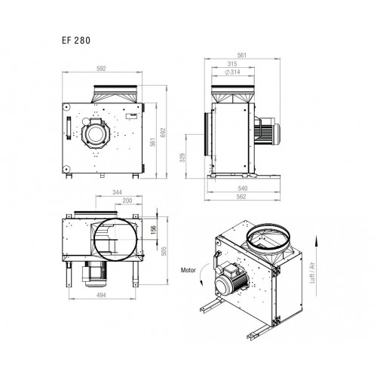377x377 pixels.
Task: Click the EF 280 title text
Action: pos(76,41)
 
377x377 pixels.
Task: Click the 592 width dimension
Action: pos(101,69)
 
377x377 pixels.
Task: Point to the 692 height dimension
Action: pos(164,133)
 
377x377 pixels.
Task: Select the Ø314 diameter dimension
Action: pos(233,72)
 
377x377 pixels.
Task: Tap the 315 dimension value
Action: pos(232,64)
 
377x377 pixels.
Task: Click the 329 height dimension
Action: pos(182,158)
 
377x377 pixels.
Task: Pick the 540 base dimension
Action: pos(243,188)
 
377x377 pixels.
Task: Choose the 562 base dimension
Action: pos(241,197)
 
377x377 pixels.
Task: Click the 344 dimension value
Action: pos(117,192)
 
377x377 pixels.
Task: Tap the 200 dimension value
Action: pos(127,201)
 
